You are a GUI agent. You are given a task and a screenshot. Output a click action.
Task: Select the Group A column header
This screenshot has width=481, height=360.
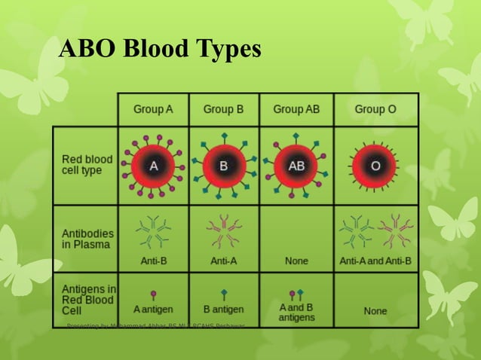click(153, 109)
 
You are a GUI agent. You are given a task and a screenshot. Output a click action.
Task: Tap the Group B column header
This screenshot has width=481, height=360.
click(223, 109)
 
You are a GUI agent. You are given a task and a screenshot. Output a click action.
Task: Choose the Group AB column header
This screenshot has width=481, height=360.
click(296, 109)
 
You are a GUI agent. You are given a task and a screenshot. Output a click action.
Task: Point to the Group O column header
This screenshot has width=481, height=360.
click(375, 109)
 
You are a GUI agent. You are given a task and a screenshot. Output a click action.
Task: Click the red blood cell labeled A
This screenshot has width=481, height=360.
click(153, 166)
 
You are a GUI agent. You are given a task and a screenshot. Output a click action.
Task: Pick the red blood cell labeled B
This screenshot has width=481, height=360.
click(223, 166)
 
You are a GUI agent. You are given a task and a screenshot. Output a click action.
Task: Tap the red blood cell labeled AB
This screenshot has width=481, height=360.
click(296, 166)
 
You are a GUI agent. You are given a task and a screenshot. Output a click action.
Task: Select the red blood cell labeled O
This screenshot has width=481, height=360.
click(375, 166)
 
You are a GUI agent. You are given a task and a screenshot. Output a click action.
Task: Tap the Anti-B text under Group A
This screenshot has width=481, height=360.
click(153, 261)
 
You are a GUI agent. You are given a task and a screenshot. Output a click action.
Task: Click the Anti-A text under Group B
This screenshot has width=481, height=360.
click(223, 261)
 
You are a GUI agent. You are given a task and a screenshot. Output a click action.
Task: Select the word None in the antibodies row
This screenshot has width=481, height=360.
click(296, 261)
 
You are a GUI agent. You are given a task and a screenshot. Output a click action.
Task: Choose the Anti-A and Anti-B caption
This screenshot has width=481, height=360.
click(375, 261)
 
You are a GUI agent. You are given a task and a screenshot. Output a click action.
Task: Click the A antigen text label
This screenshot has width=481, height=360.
click(153, 309)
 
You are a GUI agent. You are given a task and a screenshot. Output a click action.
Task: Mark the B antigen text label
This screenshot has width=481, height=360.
click(223, 309)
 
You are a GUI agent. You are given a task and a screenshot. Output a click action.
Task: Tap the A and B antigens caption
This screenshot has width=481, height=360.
click(296, 313)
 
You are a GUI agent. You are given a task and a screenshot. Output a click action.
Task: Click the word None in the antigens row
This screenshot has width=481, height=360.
click(375, 310)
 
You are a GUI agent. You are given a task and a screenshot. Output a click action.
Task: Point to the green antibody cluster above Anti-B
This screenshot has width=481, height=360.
click(153, 231)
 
